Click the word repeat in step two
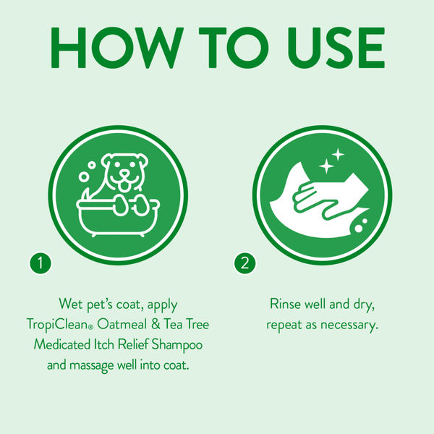284,324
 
